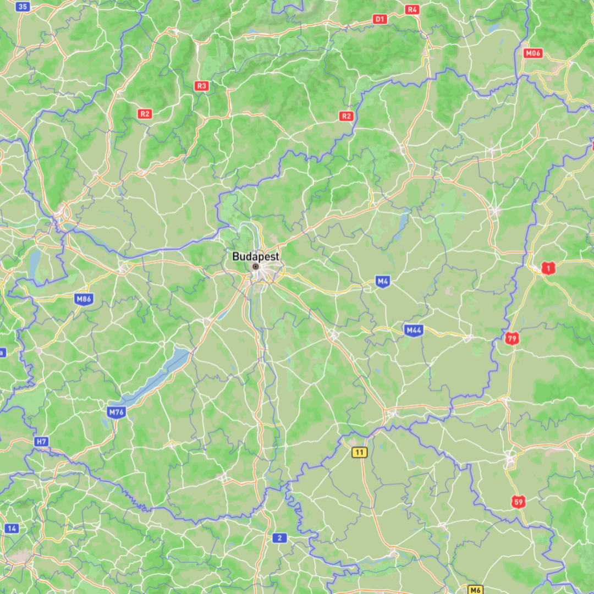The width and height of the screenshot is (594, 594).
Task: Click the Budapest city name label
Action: click(255, 256)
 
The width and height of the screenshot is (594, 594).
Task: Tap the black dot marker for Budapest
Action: click(255, 267)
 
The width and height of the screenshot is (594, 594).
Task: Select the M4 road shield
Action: click(383, 282)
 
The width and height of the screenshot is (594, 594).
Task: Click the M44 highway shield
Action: click(413, 330)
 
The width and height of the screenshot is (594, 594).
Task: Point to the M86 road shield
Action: click(84, 299)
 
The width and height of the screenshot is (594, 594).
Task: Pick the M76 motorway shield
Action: click(116, 411)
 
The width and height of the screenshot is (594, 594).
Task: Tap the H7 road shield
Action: click(41, 441)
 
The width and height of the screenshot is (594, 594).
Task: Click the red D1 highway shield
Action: click(380, 19)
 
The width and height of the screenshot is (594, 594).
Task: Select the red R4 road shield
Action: click(412, 9)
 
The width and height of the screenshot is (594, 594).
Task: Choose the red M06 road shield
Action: click(532, 53)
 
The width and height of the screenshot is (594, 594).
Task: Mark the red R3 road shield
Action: click(202, 86)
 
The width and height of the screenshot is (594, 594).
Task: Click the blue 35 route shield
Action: click(23, 7)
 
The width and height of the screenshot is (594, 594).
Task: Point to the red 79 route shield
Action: click(512, 338)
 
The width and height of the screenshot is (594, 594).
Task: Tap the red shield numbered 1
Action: click(548, 268)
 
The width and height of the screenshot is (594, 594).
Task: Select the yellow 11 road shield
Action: click(360, 452)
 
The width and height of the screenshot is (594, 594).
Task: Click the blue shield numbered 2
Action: click(279, 537)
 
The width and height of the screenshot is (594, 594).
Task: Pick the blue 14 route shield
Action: click(12, 529)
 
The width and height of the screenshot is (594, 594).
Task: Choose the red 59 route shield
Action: click(519, 501)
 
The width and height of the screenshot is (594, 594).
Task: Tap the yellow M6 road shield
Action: click(475, 590)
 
